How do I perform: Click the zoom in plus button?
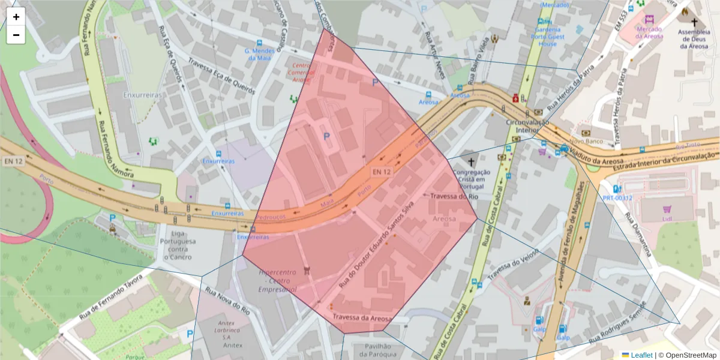tap(16, 17)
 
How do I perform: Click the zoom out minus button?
tap(16, 35)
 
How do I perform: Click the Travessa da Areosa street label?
tap(362, 318)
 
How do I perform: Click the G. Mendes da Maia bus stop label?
tap(259, 55)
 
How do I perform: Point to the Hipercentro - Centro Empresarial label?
tap(278, 280)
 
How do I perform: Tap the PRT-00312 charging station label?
tap(617, 197)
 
